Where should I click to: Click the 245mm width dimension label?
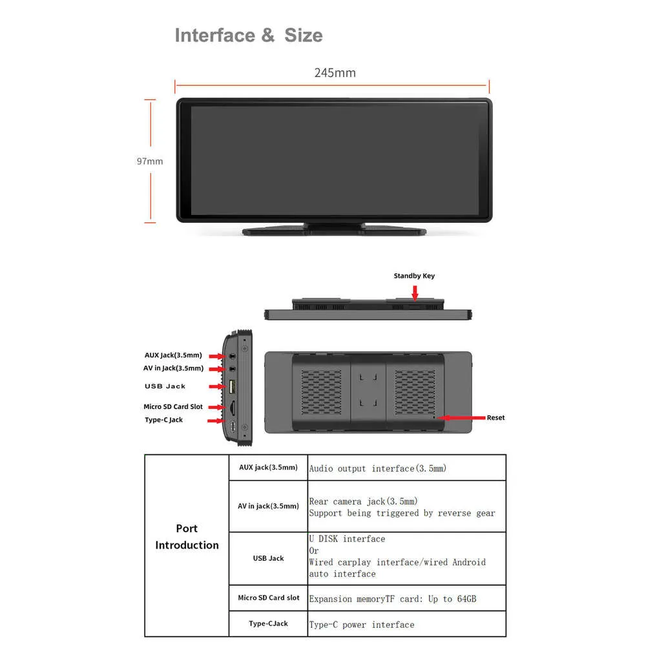[335, 73]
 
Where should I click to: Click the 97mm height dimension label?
[150, 161]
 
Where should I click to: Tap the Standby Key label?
[414, 276]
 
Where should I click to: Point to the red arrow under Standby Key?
[415, 293]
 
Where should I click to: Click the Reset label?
[495, 417]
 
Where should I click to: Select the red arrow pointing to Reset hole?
[461, 418]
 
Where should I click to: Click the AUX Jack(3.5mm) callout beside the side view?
[173, 355]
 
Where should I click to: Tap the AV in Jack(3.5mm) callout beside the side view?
[173, 368]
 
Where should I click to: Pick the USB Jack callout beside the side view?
[165, 386]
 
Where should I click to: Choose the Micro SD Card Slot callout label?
[173, 406]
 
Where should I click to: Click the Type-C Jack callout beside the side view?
[163, 420]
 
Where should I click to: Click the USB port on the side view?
[232, 386]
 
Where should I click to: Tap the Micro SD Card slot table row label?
[269, 598]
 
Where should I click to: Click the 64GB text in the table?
[466, 599]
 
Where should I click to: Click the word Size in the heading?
[304, 36]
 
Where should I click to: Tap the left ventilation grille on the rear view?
[321, 392]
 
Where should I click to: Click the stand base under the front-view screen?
[334, 231]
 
